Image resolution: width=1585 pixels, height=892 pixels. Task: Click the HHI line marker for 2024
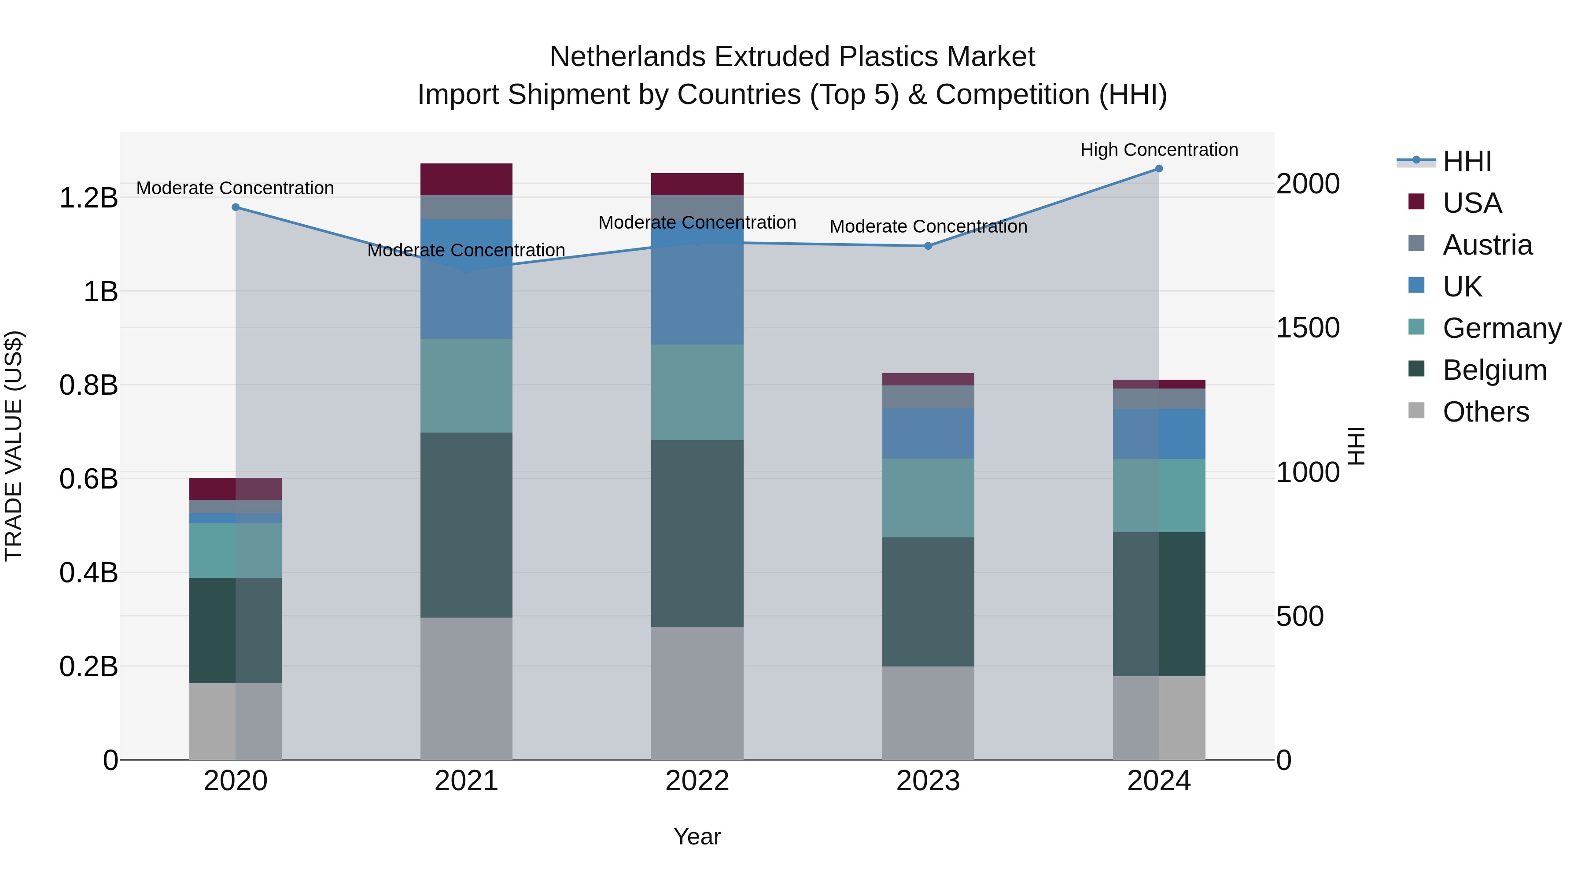click(x=1159, y=169)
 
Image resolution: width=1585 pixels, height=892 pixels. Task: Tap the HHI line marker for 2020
click(x=236, y=207)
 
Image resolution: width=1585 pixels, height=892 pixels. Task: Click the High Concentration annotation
click(x=1159, y=150)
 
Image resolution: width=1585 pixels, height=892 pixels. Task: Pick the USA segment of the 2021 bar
click(x=466, y=179)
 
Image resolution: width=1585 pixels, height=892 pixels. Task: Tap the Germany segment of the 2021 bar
click(x=466, y=385)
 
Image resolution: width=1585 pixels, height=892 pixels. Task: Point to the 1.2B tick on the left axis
click(x=88, y=198)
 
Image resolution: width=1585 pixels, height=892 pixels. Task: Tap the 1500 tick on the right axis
click(x=1308, y=328)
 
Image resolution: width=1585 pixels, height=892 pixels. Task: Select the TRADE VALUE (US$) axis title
click(x=14, y=446)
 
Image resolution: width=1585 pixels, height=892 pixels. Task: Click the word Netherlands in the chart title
click(x=627, y=57)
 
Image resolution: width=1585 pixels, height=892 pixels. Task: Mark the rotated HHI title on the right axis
click(x=1356, y=446)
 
